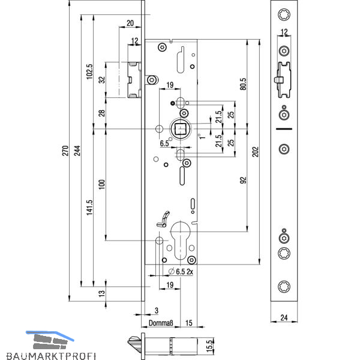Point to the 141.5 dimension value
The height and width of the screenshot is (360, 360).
(89, 208)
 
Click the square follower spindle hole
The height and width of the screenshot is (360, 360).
(181, 128)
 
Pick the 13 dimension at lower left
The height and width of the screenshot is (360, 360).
(102, 292)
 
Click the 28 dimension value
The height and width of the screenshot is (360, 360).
(102, 113)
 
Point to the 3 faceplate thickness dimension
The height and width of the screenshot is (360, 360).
(155, 310)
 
